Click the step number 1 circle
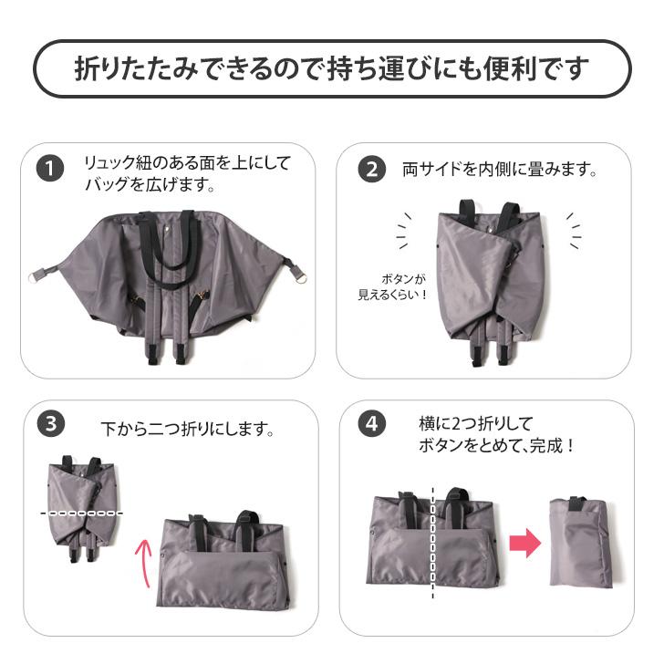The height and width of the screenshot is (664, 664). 49,170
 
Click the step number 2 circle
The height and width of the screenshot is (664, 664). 370,170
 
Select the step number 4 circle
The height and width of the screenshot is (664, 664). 370,425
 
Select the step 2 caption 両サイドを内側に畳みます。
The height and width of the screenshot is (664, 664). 500,170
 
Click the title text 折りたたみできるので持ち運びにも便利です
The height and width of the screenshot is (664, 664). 332,69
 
